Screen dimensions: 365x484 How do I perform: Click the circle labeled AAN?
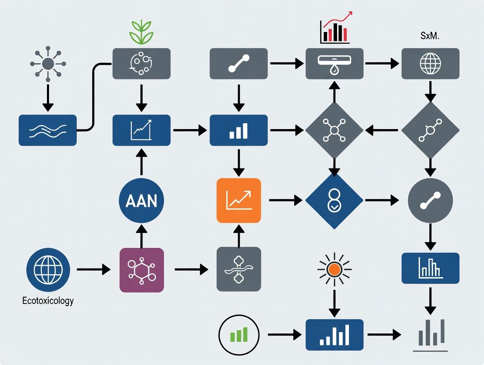coord(141,201)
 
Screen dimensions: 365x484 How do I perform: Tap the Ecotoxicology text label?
coord(48,301)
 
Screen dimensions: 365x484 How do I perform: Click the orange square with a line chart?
coord(239,200)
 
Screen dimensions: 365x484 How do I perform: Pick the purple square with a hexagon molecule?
coord(142,270)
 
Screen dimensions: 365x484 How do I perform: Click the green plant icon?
coord(141,32)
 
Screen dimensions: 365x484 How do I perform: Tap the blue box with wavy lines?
coord(47,130)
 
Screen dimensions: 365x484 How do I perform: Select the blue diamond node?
coord(334,200)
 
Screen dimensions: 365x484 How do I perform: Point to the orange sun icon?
coord(334,268)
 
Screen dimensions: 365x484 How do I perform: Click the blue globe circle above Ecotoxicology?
coord(48,268)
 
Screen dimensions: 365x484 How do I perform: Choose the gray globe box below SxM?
coord(431,64)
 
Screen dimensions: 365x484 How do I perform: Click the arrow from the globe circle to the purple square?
coord(93,269)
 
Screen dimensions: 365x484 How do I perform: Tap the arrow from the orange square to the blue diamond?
coord(285,200)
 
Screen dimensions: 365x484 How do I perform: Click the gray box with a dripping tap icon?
coord(334,64)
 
